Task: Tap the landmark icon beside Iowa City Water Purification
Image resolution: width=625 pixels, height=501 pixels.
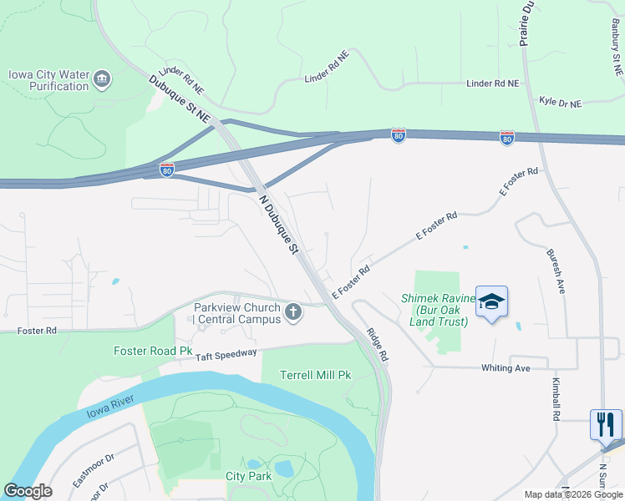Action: click(102, 79)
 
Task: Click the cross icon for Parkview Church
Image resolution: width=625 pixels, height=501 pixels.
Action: click(292, 312)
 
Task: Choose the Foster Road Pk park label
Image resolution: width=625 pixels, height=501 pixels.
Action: click(153, 351)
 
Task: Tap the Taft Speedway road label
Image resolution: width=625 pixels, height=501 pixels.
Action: click(226, 355)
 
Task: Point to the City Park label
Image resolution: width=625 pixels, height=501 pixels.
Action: click(249, 476)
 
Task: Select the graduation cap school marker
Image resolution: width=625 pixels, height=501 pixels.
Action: click(491, 302)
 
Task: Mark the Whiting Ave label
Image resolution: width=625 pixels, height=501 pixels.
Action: click(506, 367)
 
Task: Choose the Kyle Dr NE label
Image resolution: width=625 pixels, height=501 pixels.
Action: click(560, 103)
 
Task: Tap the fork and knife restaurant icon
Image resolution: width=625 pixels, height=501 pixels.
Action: click(606, 423)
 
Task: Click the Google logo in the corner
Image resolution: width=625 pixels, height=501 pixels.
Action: click(28, 491)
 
